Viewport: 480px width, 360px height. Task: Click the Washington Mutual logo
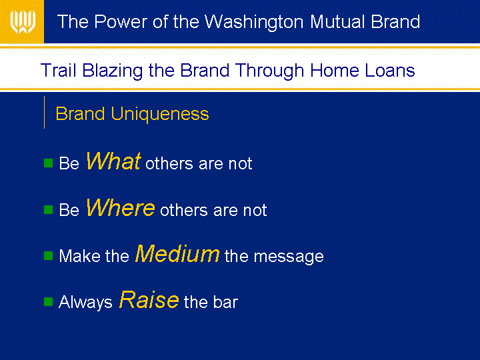point(23,22)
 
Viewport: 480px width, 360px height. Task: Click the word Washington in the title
point(254,22)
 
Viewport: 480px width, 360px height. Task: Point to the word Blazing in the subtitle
point(113,71)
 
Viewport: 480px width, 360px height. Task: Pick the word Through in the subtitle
point(270,71)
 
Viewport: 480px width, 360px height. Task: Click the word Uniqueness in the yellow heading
point(160,114)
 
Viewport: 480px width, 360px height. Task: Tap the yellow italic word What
point(113,161)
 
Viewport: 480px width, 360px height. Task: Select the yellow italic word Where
point(120,207)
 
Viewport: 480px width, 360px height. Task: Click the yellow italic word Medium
point(177,253)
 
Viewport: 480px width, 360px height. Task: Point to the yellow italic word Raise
point(149,299)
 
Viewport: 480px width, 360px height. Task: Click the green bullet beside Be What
point(49,163)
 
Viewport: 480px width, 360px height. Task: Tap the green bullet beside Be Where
point(49,210)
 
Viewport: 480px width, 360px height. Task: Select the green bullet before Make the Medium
point(49,255)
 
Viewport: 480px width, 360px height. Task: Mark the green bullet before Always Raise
point(49,301)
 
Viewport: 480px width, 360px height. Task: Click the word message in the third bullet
point(289,257)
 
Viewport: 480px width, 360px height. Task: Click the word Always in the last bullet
point(85,302)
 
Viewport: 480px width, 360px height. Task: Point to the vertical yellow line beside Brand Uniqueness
point(45,113)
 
